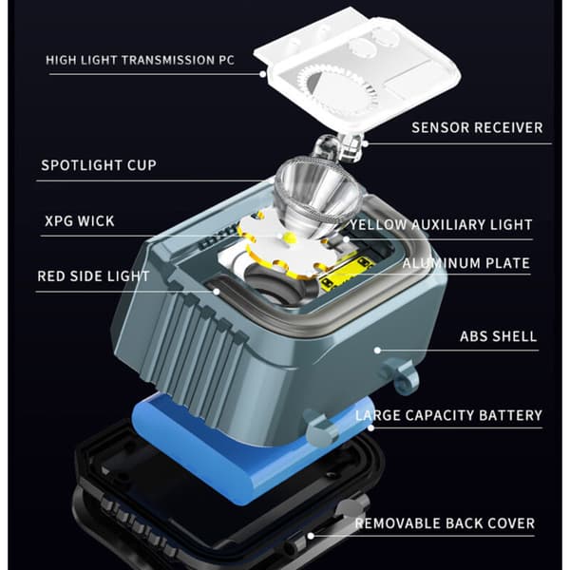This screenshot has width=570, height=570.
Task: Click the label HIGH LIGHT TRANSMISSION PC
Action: (x=140, y=60)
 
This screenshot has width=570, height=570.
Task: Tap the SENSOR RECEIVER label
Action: (x=477, y=127)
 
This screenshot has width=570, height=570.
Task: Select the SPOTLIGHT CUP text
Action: (x=99, y=165)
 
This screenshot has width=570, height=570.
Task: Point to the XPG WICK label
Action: (x=80, y=221)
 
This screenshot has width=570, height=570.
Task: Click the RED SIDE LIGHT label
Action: (x=93, y=276)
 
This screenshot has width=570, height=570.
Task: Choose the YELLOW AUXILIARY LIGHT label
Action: (x=441, y=224)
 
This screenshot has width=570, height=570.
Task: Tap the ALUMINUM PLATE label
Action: (x=466, y=263)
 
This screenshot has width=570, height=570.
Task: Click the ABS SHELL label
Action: (x=499, y=336)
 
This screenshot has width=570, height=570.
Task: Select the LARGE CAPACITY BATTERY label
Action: (x=448, y=415)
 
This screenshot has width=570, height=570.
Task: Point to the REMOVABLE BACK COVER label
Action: (x=445, y=523)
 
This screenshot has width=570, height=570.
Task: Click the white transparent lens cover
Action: (x=358, y=69)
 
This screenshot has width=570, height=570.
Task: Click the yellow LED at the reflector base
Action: (x=290, y=237)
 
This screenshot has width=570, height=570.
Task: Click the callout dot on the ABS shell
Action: (x=377, y=351)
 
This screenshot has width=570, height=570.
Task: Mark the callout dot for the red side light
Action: (x=217, y=292)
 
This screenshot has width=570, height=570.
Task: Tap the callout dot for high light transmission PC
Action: (x=263, y=74)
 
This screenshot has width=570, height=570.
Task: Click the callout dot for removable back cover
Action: (x=311, y=536)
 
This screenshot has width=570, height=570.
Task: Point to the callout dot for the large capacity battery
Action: (x=370, y=427)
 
